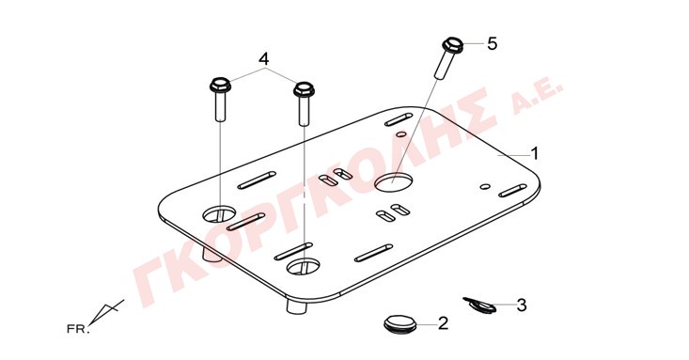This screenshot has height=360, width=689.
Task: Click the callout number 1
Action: coord(534,154)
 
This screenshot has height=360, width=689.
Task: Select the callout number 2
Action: coord(444,323)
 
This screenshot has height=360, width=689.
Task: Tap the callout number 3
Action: coord(521,305)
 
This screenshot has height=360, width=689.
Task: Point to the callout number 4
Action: coord(263,59)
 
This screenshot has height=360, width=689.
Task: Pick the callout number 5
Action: coord(492,43)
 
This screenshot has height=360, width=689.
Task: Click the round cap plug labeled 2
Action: coord(399,323)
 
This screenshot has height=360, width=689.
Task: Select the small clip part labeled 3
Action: coord(479,305)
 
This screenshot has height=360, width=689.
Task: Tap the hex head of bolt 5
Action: coord(452,43)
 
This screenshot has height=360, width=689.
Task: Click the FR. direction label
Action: coord(78,329)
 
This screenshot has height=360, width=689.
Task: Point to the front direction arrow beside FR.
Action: coord(106,312)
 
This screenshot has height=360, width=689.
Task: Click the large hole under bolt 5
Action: coord(394,182)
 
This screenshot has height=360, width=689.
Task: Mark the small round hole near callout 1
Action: coord(485,186)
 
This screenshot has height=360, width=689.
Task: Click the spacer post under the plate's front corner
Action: coord(296,305)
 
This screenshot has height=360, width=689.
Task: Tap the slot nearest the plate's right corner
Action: coord(513,190)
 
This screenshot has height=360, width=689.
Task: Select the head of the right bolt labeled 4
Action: coord(304,88)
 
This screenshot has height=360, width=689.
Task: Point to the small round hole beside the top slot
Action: coord(400,133)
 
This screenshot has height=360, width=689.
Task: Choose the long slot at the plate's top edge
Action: coord(399,119)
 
